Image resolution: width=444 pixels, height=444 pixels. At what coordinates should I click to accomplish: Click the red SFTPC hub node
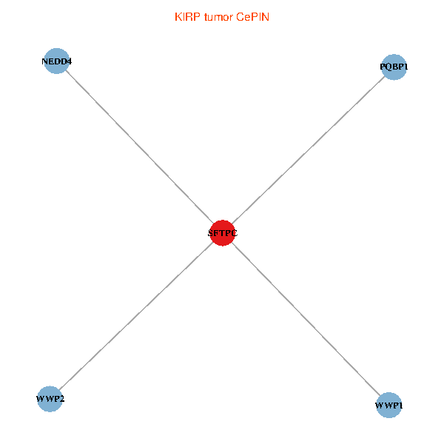222,233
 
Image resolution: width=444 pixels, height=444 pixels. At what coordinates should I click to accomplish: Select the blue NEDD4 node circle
57,61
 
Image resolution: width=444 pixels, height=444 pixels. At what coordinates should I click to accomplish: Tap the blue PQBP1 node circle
394,67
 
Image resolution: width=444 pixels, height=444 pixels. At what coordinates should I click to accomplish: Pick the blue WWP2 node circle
49,399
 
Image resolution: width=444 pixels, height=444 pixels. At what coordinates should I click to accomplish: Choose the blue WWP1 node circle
389,405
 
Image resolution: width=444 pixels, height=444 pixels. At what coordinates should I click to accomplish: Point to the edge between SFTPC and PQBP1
308,149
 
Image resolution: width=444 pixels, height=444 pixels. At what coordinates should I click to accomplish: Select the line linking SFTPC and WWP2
135,316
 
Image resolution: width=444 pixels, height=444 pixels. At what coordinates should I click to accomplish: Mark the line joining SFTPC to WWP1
306,319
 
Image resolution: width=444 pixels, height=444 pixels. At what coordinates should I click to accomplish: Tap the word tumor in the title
218,16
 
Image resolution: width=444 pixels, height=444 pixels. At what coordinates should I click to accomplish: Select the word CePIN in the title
252,16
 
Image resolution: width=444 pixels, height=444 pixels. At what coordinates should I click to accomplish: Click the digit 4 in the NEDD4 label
69,61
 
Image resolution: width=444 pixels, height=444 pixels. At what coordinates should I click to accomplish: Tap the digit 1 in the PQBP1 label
405,67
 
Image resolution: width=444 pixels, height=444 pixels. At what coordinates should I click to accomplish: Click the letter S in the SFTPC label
211,234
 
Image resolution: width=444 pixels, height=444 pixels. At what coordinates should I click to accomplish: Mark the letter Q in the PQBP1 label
388,67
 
